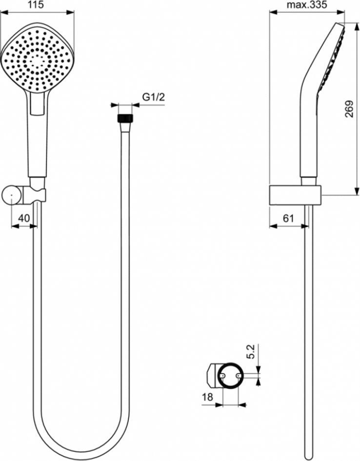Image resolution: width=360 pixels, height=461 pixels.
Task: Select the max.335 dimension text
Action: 307,5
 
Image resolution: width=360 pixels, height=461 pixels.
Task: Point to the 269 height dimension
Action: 349,109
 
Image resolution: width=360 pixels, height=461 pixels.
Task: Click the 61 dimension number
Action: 288,218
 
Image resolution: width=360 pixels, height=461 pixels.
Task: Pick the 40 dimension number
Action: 24,218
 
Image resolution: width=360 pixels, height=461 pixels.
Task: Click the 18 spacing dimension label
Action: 207,397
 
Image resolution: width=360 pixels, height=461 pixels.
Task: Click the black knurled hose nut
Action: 125,118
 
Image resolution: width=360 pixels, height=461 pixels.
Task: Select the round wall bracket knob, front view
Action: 12,194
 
